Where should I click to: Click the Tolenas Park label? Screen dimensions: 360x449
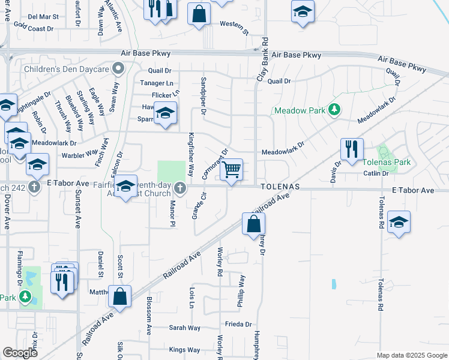[393, 162]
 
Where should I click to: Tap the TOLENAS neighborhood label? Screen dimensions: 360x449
[280, 187]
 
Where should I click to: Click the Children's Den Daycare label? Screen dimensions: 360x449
[67, 69]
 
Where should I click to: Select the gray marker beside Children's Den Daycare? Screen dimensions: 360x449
[119, 68]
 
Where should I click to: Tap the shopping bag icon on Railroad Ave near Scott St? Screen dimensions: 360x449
[120, 296]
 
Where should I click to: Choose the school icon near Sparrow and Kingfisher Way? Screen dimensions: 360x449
[164, 113]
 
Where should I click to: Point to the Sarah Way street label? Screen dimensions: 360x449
[184, 328]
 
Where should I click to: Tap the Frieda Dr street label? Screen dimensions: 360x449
[239, 324]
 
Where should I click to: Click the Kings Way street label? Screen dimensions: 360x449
[184, 349]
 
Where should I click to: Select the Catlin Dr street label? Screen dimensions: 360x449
[377, 174]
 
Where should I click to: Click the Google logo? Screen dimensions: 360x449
[20, 353]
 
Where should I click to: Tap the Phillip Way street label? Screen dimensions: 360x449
[241, 291]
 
